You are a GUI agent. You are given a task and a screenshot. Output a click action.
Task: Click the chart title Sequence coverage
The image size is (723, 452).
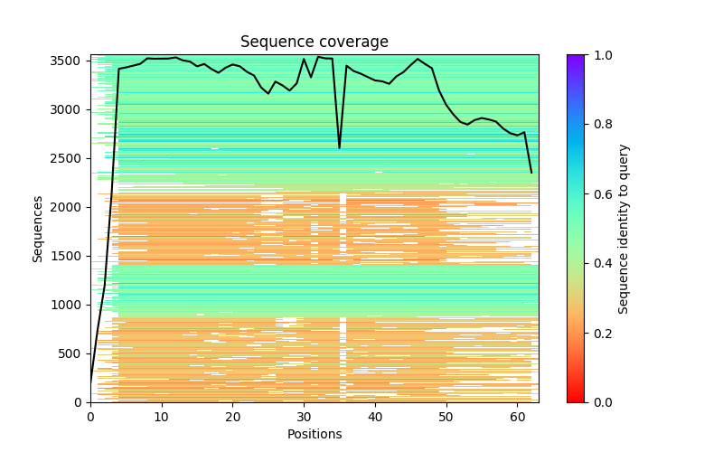coord(314,42)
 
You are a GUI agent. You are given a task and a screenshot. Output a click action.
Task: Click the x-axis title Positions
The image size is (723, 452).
coord(314,434)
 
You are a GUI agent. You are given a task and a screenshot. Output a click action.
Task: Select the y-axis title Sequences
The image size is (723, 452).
coord(38,228)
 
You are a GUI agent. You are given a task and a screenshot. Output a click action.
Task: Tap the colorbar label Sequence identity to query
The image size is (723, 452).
coord(624,228)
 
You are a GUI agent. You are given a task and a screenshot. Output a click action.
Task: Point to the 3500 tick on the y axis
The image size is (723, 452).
coord(71,61)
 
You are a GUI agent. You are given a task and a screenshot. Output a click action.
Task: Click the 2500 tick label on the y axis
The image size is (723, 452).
coord(71,158)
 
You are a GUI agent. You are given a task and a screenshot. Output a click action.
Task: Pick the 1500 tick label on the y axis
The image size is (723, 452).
coord(71,256)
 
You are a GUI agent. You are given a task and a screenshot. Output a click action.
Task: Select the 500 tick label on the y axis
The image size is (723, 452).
coord(75,353)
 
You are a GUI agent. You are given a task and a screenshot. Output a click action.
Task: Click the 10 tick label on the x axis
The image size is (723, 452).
coord(161,417)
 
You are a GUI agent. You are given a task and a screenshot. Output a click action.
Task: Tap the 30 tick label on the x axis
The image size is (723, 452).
coord(304,417)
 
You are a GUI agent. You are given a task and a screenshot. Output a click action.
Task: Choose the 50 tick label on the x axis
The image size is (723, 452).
coord(446,417)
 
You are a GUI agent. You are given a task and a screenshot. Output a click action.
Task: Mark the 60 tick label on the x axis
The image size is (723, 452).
coord(517,417)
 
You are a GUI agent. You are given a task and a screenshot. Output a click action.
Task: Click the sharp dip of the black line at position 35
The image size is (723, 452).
coord(340,147)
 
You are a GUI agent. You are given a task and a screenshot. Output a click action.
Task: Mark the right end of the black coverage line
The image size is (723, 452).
coord(531,173)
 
